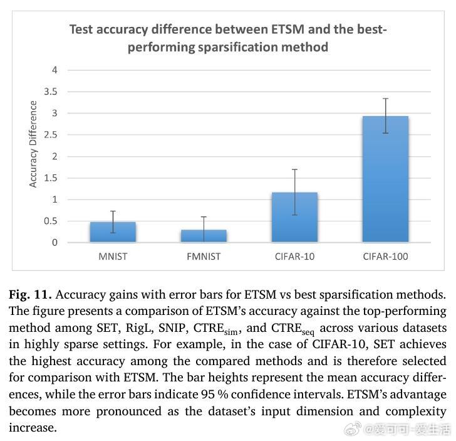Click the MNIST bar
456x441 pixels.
tap(113, 232)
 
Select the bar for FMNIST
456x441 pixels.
tap(204, 236)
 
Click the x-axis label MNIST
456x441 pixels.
tap(113, 256)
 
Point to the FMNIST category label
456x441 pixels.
tap(204, 256)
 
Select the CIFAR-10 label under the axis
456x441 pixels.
tap(294, 256)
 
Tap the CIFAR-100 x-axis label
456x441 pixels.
tap(385, 256)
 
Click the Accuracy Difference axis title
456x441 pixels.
tap(33, 144)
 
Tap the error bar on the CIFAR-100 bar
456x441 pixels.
tap(385, 116)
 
